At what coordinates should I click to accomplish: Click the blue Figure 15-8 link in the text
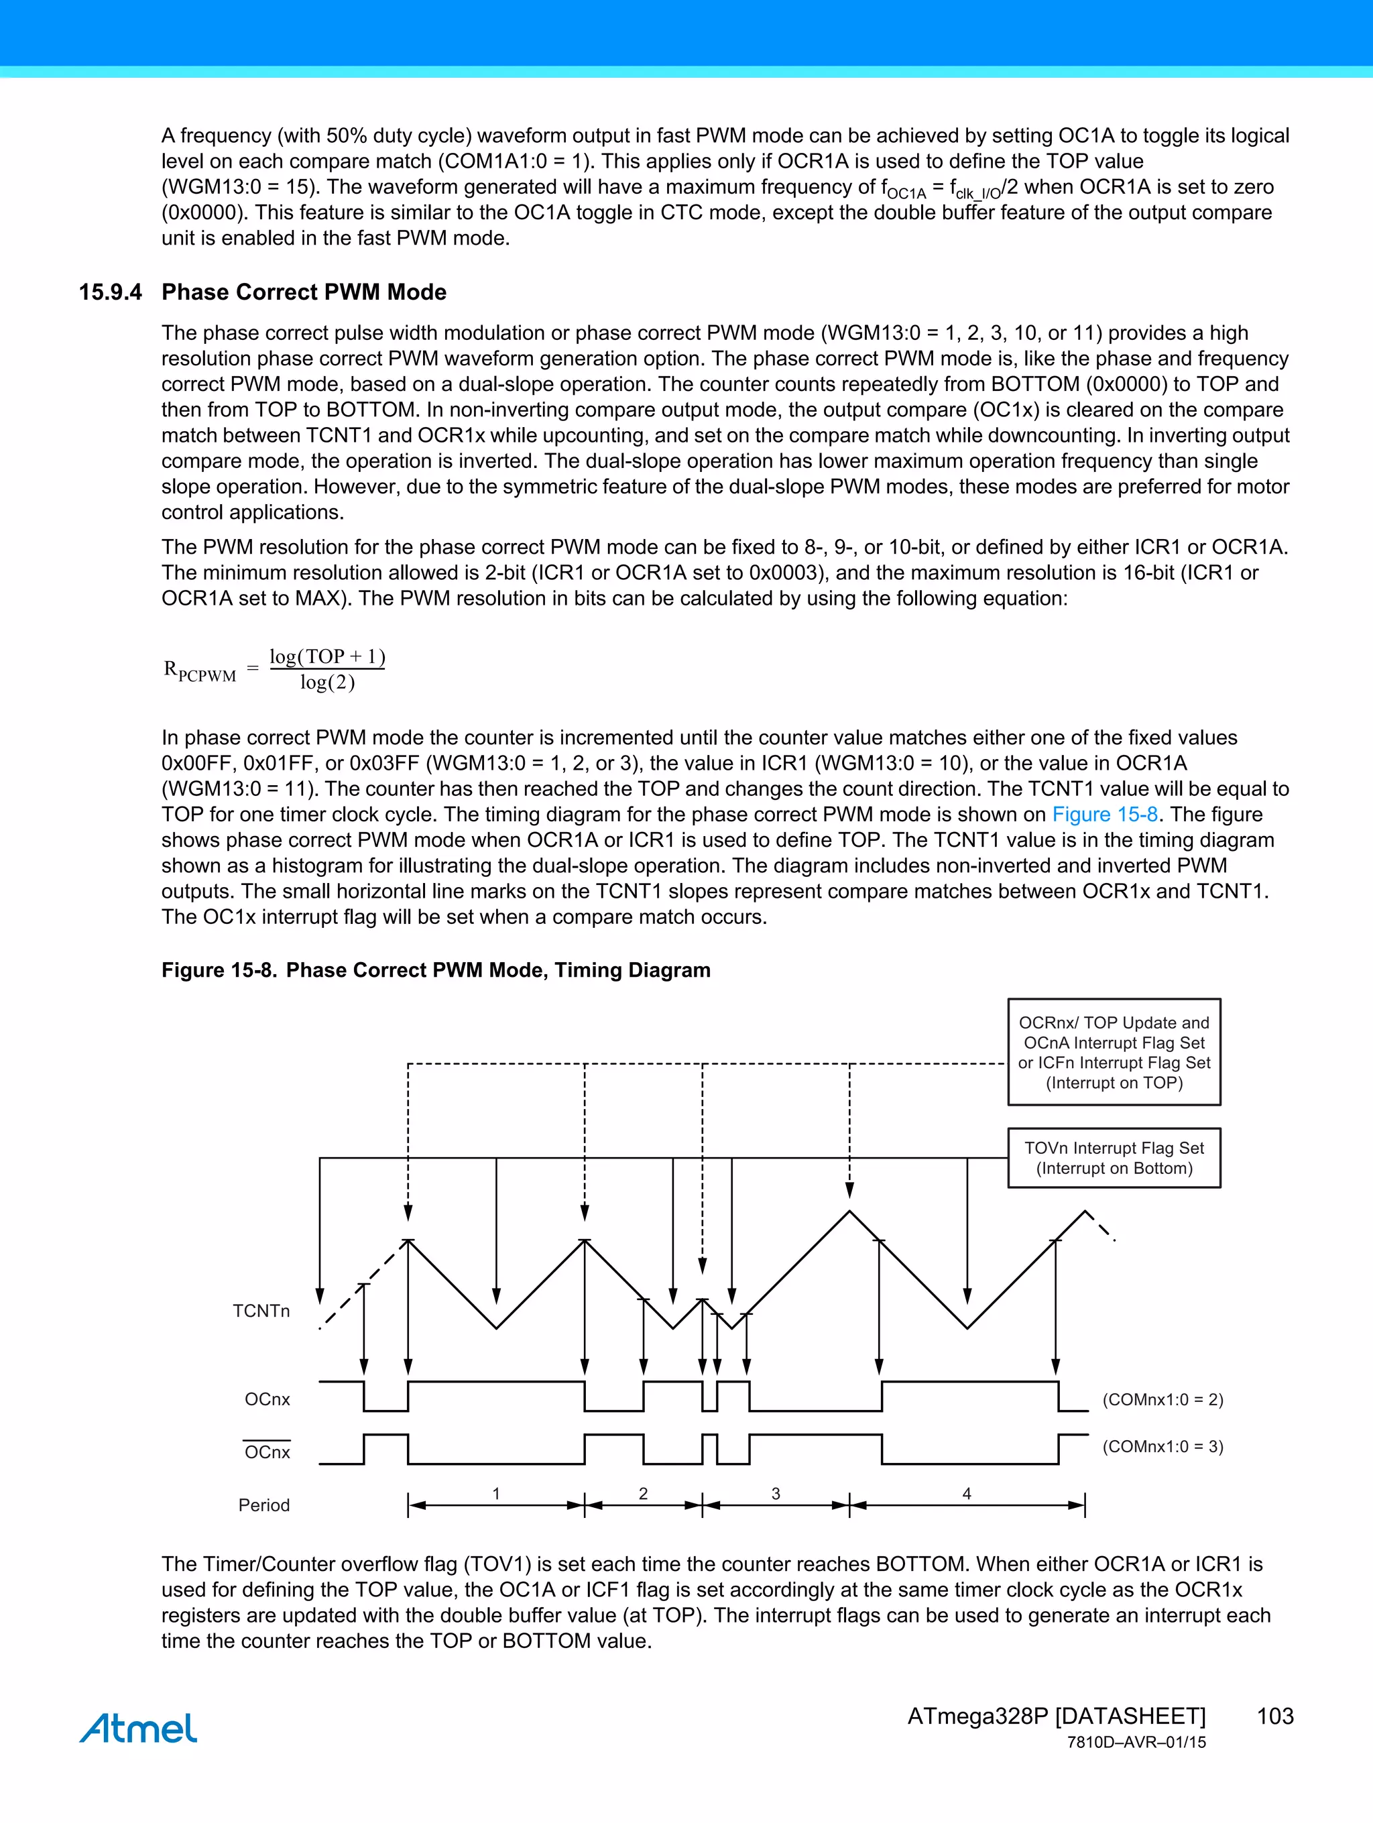1104,814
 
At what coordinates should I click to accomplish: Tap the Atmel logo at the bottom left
139,1728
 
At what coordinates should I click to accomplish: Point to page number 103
1275,1716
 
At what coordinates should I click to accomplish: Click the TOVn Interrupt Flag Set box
1114,1158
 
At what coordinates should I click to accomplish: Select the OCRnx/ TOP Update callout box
1114,1053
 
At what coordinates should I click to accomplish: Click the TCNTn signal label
261,1311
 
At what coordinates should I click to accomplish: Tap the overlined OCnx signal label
267,1452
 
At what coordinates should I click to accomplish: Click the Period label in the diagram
263,1505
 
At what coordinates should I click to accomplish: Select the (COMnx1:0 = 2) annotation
1162,1399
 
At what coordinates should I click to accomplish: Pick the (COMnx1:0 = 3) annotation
1162,1446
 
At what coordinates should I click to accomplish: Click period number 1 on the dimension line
496,1493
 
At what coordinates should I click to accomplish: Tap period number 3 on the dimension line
776,1493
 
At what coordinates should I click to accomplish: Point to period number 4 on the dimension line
967,1493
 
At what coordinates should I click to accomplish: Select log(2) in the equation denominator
327,683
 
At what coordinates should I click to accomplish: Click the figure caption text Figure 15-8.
219,970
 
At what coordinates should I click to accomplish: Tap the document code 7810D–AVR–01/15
1136,1743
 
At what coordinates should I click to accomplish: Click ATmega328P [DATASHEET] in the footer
1056,1716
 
